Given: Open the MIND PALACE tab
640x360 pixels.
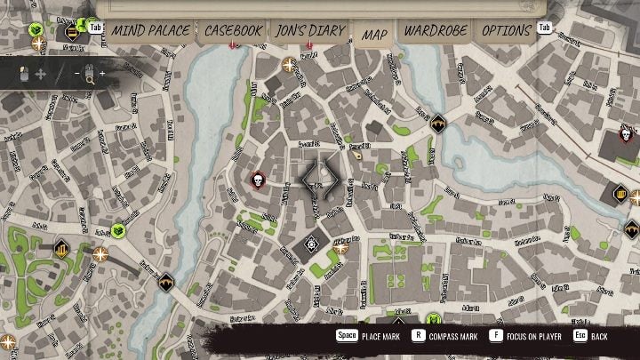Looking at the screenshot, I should click(x=150, y=30).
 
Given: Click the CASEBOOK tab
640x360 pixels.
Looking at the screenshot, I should click(x=234, y=30).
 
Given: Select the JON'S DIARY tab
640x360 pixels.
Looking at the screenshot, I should click(x=310, y=30).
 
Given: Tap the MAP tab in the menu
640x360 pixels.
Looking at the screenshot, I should click(x=374, y=35).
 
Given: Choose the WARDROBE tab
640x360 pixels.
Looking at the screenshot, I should click(x=436, y=30).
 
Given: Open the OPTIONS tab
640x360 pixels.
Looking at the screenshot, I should click(x=506, y=30).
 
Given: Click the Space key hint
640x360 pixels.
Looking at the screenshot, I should click(x=347, y=337).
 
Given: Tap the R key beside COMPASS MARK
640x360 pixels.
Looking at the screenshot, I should click(x=418, y=337).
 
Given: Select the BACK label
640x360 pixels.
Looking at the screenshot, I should click(x=600, y=337).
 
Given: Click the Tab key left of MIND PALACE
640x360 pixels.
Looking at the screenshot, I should click(x=95, y=28).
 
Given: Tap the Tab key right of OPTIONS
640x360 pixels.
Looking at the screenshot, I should click(x=545, y=28).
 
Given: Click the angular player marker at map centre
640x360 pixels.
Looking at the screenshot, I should click(x=320, y=178).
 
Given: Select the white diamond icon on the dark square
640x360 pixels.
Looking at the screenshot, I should click(x=312, y=243).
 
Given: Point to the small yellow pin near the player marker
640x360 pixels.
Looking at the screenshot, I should click(x=356, y=156).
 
